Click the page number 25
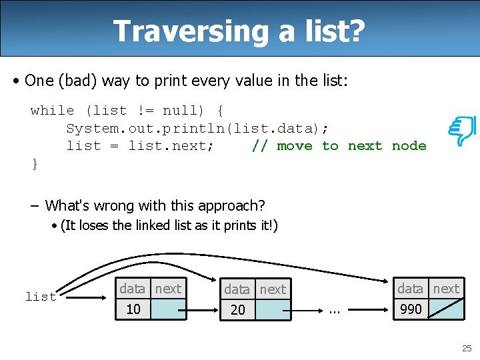(x=466, y=348)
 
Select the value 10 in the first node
(x=133, y=309)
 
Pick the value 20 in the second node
(x=238, y=309)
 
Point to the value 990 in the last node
(x=411, y=309)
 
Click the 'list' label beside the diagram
(x=41, y=297)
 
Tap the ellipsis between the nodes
(x=335, y=310)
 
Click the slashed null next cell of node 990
(x=446, y=309)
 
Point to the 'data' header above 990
(x=410, y=288)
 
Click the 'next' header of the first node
(x=168, y=288)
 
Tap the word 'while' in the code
(x=52, y=111)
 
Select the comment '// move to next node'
(x=339, y=146)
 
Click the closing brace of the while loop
(x=35, y=163)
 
